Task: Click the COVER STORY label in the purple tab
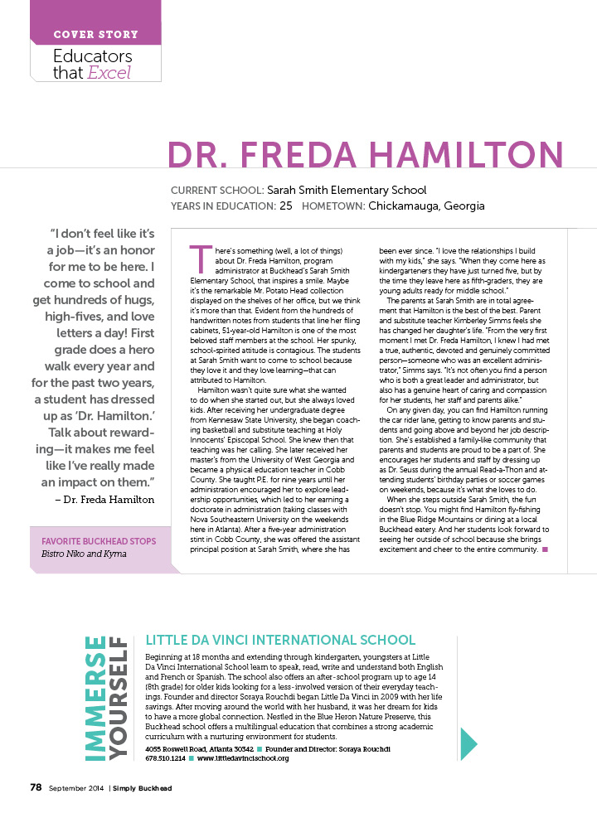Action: click(95, 35)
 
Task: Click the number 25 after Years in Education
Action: click(286, 206)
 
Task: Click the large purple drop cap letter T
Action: click(198, 259)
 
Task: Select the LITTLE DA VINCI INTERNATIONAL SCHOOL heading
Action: click(280, 640)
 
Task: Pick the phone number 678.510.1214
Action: click(164, 757)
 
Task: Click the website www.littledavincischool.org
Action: click(243, 757)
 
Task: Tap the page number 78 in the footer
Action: click(36, 787)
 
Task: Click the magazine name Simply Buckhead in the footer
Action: click(143, 788)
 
